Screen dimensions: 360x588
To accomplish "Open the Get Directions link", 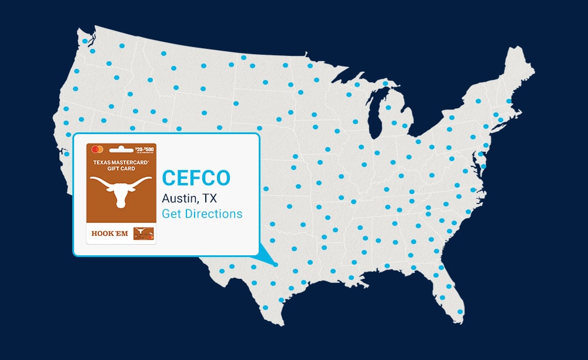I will point(202,214).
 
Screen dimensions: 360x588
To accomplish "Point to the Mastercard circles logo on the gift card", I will point(98,149).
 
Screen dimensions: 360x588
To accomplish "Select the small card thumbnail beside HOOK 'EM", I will point(143,234).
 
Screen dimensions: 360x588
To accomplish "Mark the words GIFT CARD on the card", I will point(121,168).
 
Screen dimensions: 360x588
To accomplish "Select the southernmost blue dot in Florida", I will point(460,312).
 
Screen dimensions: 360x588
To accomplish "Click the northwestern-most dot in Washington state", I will point(85,41).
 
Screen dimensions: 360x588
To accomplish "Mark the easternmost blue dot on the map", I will point(509,101).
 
